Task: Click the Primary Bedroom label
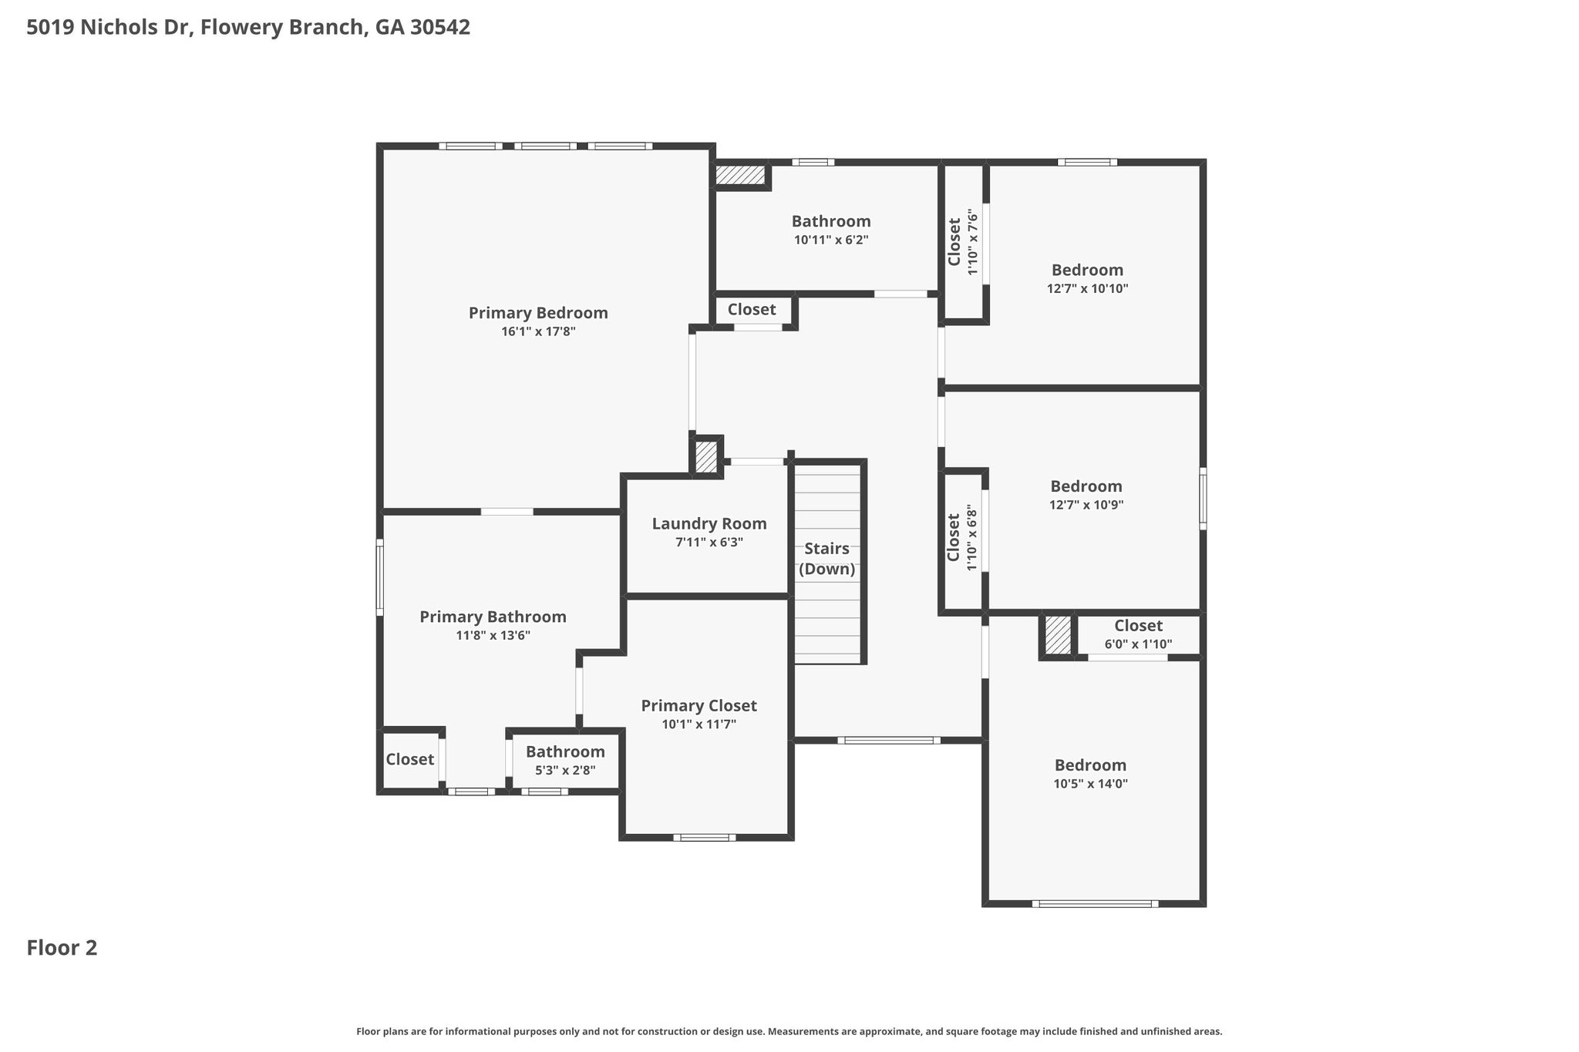click(538, 313)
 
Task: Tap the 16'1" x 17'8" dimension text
click(538, 332)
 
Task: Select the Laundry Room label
click(709, 524)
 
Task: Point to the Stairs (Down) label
click(827, 559)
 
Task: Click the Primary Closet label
click(699, 706)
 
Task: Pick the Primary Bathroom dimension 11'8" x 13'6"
click(493, 636)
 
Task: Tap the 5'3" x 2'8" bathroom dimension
click(565, 770)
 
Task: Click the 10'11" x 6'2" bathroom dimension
click(831, 240)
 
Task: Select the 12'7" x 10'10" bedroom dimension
click(1087, 289)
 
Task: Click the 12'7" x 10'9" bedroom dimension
click(1086, 506)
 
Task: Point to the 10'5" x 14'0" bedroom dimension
click(1090, 785)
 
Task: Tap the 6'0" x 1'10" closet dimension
click(1138, 644)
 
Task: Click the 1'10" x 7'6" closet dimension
click(973, 243)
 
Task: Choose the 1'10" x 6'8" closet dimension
click(972, 538)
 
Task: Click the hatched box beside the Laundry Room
click(706, 456)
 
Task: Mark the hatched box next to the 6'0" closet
click(1058, 635)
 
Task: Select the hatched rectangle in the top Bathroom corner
click(740, 175)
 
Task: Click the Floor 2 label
click(62, 948)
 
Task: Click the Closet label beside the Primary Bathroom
click(409, 759)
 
